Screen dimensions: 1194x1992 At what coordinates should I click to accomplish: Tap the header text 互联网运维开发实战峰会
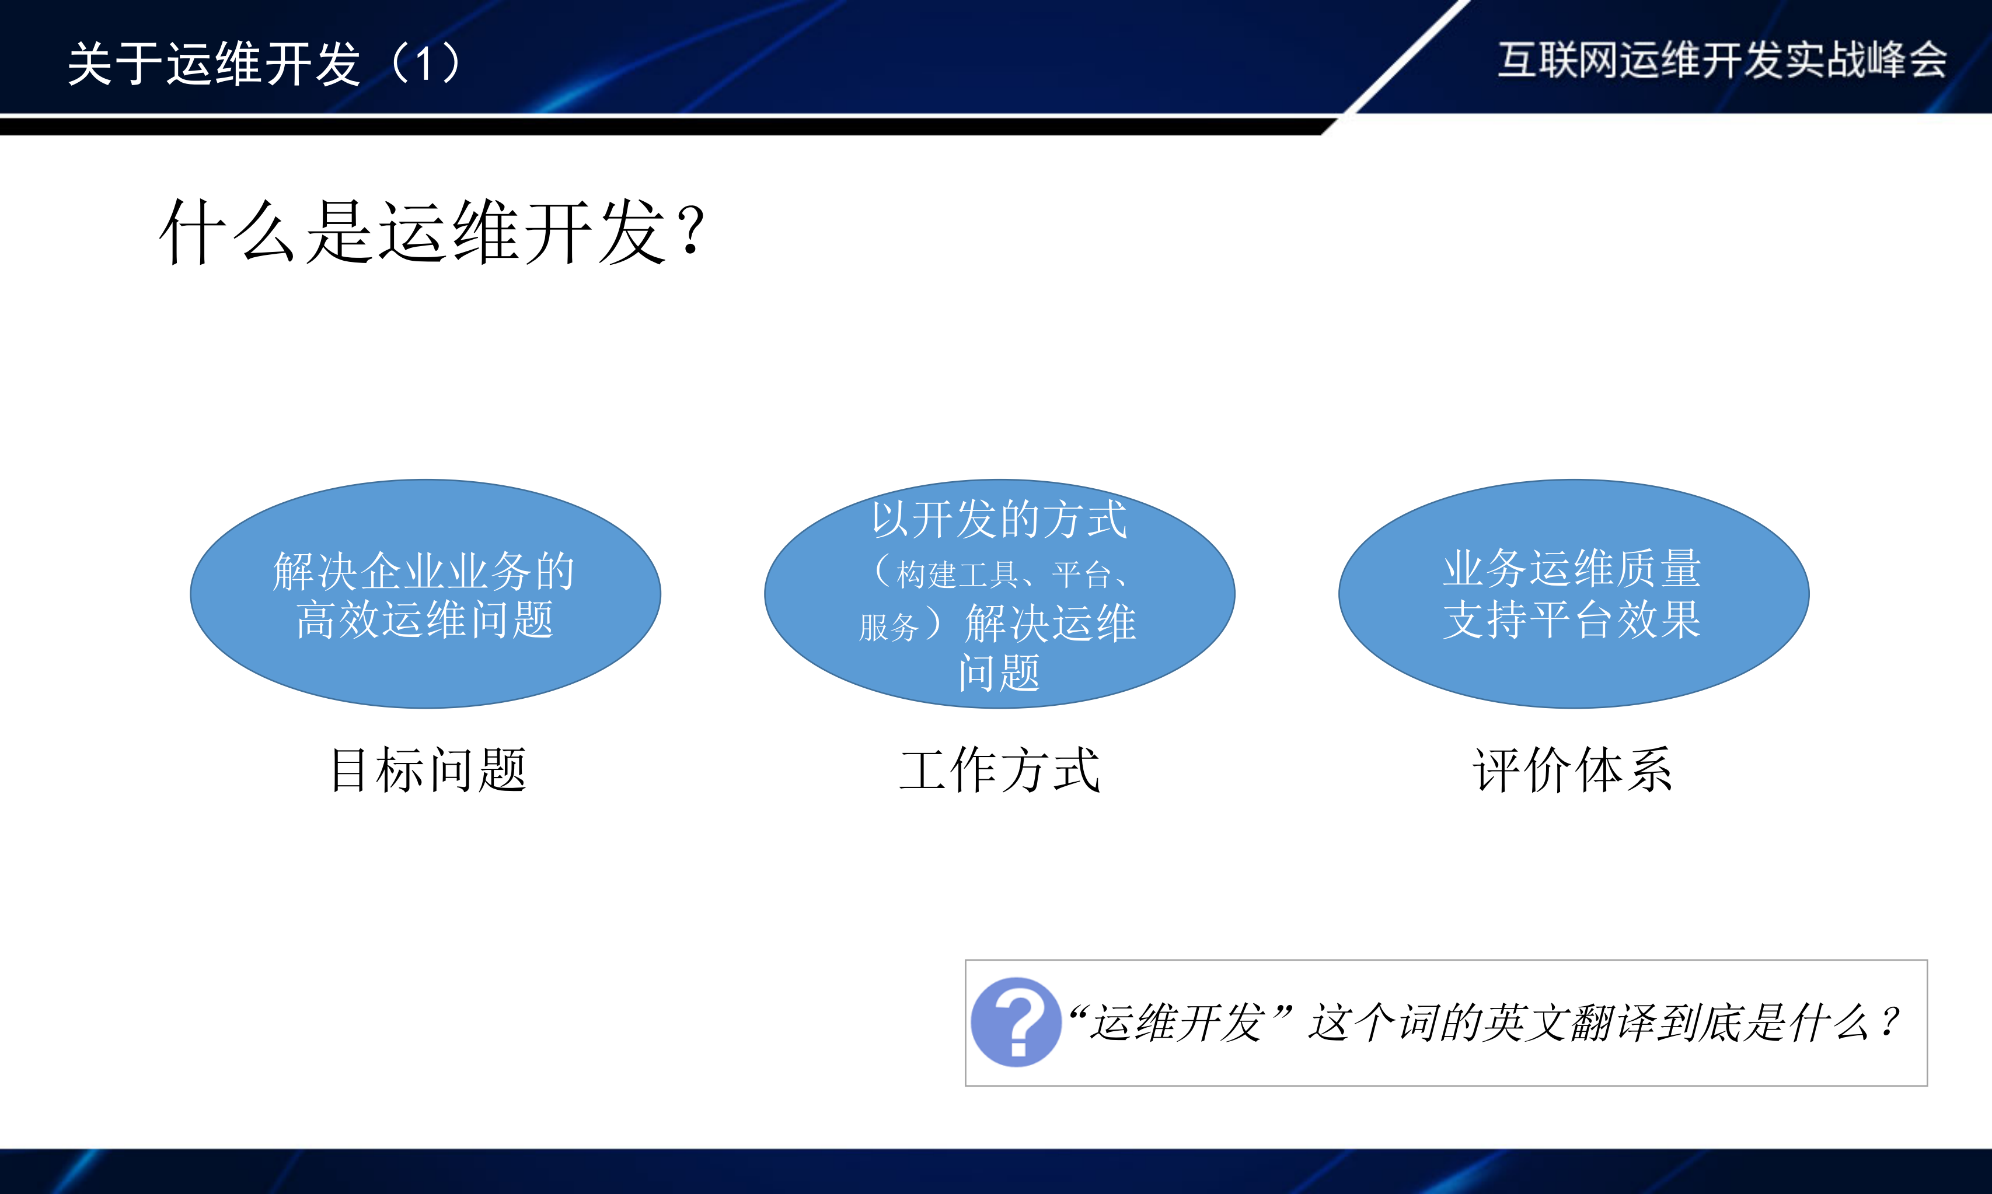[x=1722, y=59]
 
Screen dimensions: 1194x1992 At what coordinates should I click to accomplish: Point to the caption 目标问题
[x=428, y=770]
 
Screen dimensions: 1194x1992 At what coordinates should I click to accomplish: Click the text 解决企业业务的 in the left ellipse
[x=424, y=570]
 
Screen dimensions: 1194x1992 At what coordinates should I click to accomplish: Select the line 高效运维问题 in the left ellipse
[x=425, y=619]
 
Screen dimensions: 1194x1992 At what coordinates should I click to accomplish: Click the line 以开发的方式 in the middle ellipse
[x=1000, y=519]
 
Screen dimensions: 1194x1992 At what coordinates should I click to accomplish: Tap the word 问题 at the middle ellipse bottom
[x=1000, y=673]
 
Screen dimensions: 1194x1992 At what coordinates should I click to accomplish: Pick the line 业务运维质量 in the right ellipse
[x=1572, y=568]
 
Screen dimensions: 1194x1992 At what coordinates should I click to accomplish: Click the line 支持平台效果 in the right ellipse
[x=1572, y=619]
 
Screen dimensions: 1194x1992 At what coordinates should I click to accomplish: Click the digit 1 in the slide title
[x=424, y=63]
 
